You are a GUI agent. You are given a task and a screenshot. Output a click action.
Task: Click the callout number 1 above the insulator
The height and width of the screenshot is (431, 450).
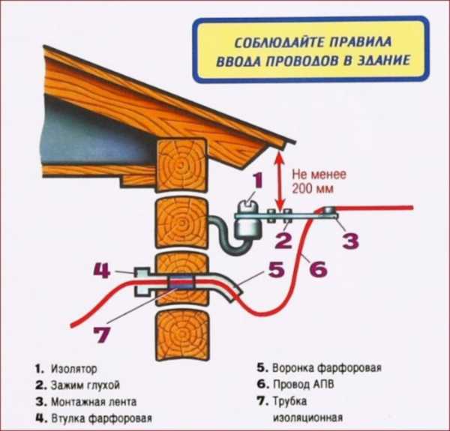(x=256, y=181)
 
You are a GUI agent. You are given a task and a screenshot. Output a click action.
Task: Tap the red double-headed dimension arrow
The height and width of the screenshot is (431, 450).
(x=280, y=180)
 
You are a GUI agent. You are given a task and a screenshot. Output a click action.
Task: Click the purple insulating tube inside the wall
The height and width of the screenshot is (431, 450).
(x=181, y=283)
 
